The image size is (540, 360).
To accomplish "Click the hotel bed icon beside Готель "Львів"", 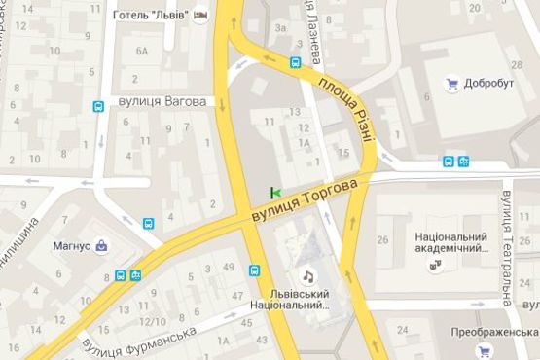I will [x=202, y=15].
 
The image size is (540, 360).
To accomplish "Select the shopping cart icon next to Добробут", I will [x=451, y=84].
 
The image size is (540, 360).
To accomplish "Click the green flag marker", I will [x=275, y=191].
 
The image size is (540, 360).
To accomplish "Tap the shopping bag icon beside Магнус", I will [x=102, y=246].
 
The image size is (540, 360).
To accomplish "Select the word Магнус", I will [x=71, y=246].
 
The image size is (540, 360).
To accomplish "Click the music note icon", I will [x=307, y=275].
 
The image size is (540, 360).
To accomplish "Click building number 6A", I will [x=143, y=51].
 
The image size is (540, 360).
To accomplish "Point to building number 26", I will [x=383, y=239].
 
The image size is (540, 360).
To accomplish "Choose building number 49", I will [x=230, y=267].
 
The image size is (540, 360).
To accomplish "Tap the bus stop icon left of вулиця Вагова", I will [x=99, y=108].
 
